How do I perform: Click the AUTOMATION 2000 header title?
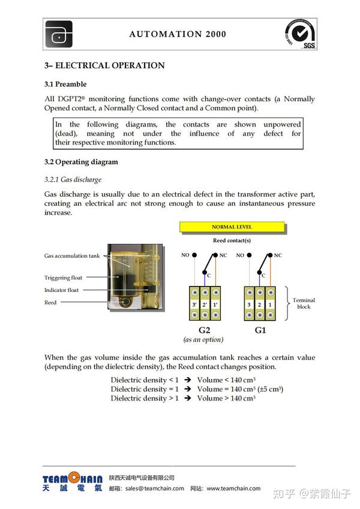[x=178, y=34]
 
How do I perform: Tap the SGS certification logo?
[x=301, y=34]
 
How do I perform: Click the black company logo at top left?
[x=59, y=35]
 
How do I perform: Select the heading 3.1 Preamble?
[x=65, y=84]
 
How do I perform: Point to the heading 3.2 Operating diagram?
[x=81, y=162]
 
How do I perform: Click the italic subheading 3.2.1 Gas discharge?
[x=73, y=179]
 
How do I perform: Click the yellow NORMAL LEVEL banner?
[x=232, y=227]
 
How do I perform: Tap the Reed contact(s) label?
[x=232, y=240]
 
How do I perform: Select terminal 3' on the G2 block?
[x=194, y=305]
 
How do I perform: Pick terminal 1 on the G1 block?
[x=270, y=305]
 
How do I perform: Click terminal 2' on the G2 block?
[x=205, y=305]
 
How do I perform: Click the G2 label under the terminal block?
[x=204, y=330]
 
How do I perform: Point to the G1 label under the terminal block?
[x=260, y=330]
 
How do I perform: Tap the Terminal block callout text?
[x=304, y=303]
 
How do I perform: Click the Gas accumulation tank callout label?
[x=72, y=256]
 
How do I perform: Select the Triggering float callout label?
[x=63, y=278]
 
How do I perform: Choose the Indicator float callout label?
[x=61, y=290]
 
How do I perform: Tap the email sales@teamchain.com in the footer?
[x=154, y=489]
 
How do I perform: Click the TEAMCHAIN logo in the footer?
[x=73, y=481]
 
